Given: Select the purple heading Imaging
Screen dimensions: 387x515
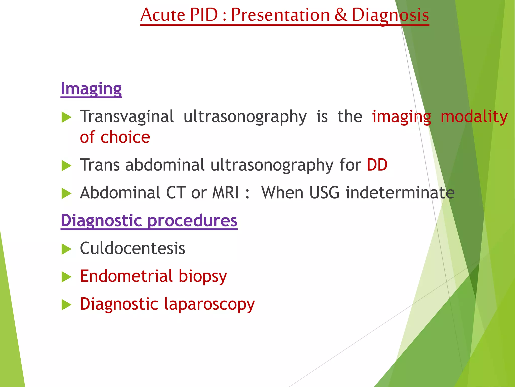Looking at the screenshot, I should tap(91, 89).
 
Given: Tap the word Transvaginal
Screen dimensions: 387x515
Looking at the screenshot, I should tap(127, 117).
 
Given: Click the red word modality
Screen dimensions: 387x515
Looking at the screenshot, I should tap(474, 117).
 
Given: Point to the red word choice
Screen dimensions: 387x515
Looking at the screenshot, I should tap(125, 137).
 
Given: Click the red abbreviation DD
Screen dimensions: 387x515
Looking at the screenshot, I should tap(377, 165).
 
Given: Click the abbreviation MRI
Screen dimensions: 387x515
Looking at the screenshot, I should tap(225, 193).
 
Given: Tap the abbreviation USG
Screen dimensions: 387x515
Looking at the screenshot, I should tap(324, 193).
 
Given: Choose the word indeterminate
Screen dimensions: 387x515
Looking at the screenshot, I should tap(400, 193).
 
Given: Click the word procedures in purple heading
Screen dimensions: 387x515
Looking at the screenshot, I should tap(192, 221).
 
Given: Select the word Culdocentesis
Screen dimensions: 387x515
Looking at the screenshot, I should tap(133, 248).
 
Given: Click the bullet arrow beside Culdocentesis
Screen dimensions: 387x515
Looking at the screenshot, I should tap(66, 249).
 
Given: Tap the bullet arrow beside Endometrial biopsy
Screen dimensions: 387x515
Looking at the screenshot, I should tap(66, 277).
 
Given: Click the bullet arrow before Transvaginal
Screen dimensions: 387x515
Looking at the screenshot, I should tap(66, 117).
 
